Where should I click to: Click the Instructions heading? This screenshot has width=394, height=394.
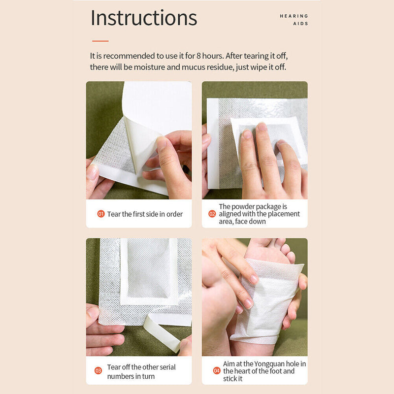click(144, 18)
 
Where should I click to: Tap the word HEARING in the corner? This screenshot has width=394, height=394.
click(294, 16)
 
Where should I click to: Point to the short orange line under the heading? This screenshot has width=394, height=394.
click(100, 41)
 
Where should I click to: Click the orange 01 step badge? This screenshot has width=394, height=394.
click(100, 214)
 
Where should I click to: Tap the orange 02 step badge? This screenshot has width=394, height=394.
click(212, 214)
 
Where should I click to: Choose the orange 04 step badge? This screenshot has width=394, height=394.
click(217, 370)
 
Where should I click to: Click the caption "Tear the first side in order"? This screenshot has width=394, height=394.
click(145, 214)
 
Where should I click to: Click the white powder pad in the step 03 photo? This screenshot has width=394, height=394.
click(148, 268)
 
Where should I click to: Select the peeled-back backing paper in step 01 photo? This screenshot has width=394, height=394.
click(148, 128)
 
